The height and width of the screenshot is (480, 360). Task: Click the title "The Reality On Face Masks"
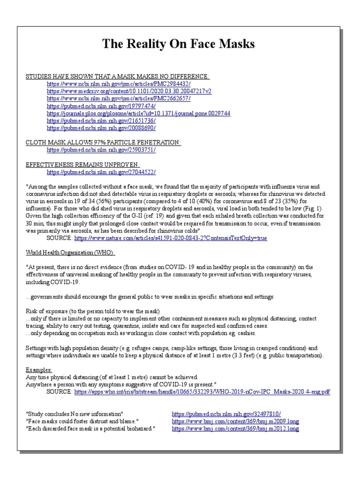179,44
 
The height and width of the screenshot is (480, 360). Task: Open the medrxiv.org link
129,91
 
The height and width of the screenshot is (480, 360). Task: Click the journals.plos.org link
138,113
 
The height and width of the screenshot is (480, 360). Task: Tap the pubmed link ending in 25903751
101,150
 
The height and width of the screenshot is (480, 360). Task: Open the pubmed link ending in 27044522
101,172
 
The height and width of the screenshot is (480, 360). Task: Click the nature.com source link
171,238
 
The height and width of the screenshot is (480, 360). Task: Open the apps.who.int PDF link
202,391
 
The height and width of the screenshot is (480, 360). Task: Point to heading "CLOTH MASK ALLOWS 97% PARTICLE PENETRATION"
103,142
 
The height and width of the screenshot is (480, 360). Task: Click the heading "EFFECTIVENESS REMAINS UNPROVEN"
82,165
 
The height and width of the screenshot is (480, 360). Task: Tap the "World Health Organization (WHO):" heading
70,253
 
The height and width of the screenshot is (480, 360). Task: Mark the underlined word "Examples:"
39,370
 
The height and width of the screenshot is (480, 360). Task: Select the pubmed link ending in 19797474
101,106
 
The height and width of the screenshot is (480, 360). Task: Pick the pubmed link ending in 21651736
101,120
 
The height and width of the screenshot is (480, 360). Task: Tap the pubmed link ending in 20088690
101,128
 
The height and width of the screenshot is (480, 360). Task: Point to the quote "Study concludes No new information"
75,414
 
